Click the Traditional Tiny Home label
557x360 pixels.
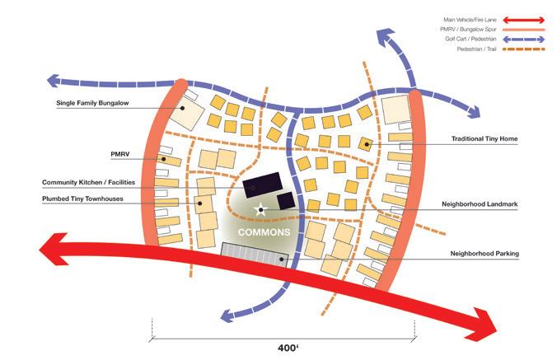tap(484, 139)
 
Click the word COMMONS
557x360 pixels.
tap(264, 233)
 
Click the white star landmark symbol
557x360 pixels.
tap(261, 211)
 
